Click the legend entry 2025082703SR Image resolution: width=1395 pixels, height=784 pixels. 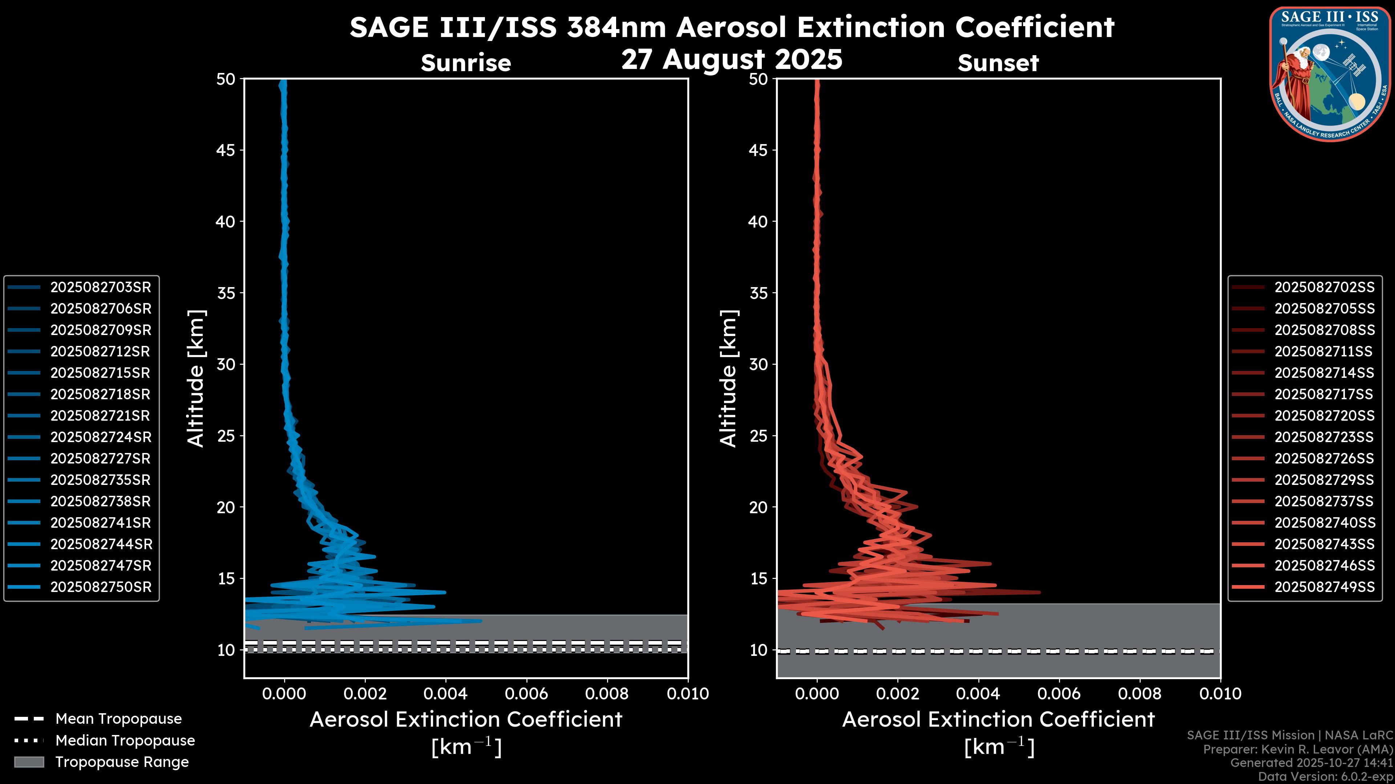coord(101,287)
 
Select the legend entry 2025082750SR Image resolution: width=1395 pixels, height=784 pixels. coord(101,587)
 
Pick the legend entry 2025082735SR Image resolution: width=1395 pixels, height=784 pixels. coord(101,480)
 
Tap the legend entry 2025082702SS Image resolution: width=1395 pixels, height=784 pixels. coord(1324,287)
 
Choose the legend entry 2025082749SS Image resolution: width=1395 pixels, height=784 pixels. coord(1324,587)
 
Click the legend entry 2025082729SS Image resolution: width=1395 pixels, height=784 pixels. coord(1324,480)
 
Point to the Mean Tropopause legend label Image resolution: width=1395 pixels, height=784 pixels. coord(118,719)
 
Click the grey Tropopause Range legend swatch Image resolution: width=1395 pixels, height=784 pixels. coord(29,762)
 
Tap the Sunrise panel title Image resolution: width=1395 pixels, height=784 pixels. coord(466,63)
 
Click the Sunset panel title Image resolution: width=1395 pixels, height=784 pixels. coord(998,63)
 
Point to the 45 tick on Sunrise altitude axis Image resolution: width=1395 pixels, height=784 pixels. coord(226,150)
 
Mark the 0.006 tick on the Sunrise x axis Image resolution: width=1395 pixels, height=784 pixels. coord(526,694)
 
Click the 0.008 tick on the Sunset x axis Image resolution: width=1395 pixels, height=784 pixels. coord(1140,694)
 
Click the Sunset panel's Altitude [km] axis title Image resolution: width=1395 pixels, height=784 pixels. coord(728,379)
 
